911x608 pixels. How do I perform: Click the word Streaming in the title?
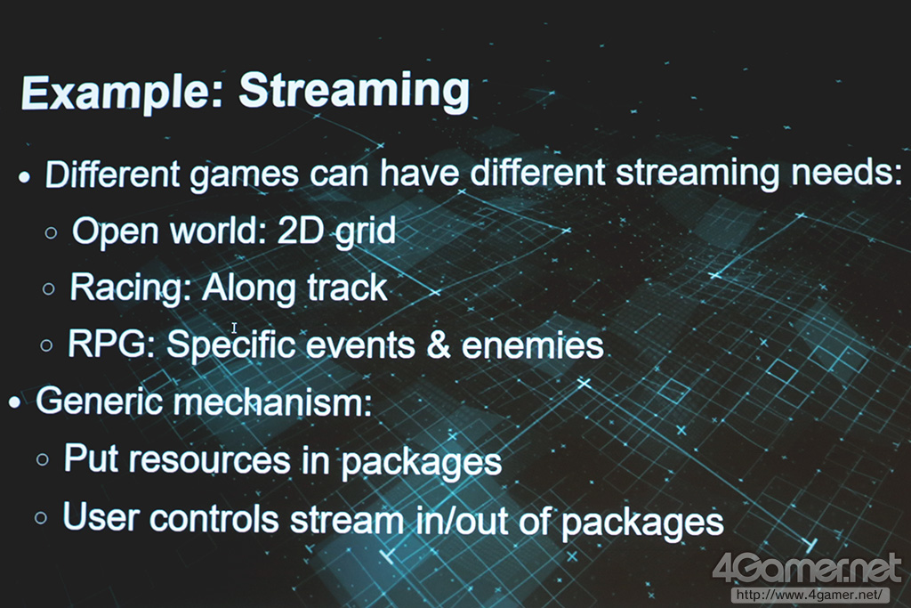(x=354, y=91)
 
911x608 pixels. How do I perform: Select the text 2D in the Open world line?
(x=300, y=230)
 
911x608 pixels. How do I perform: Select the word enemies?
(x=533, y=345)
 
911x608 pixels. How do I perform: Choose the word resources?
(x=209, y=459)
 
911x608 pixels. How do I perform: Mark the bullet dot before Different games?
(x=24, y=177)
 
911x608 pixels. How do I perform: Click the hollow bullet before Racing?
(x=49, y=289)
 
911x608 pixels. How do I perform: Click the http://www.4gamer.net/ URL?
(x=810, y=595)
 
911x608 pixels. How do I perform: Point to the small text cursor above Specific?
(x=234, y=328)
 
